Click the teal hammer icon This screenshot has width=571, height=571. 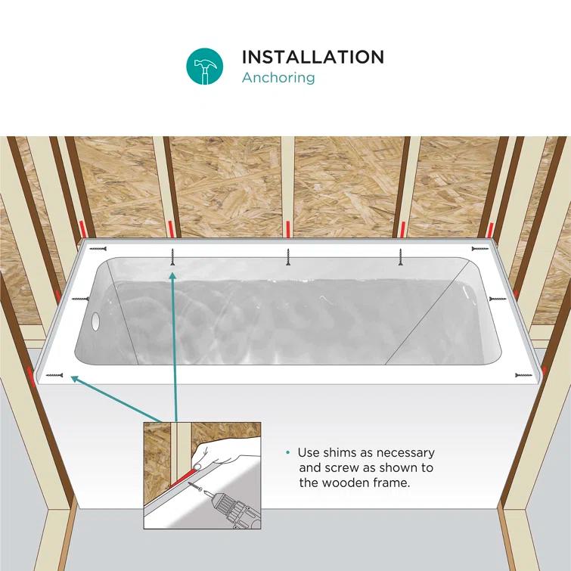tap(205, 67)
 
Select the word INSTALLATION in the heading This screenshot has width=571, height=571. tap(312, 57)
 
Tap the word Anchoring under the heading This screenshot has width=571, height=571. tap(278, 77)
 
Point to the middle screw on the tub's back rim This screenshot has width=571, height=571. tap(287, 258)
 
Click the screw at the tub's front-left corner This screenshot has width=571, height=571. tap(54, 375)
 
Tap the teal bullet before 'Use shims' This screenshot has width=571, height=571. tap(287, 453)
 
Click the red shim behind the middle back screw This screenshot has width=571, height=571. tap(287, 227)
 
